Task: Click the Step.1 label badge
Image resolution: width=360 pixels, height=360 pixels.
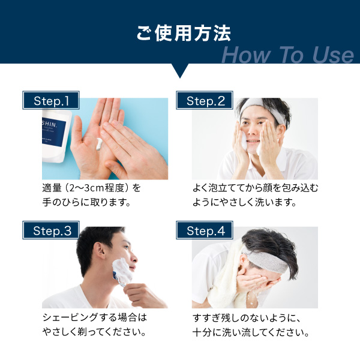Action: click(x=51, y=100)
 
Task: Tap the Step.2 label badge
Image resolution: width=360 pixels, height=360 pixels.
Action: click(x=205, y=100)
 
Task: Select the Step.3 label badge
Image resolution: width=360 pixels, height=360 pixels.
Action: click(x=51, y=230)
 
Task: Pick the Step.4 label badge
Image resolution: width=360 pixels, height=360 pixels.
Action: click(x=205, y=230)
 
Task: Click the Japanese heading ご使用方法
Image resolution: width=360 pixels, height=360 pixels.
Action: click(x=184, y=34)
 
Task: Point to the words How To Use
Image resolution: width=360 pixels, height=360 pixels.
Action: click(x=287, y=55)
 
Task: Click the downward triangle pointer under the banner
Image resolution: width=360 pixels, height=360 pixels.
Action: click(x=180, y=70)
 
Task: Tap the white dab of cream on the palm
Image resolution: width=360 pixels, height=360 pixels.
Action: click(x=100, y=144)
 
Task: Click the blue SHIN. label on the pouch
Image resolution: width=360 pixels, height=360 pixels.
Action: click(x=54, y=132)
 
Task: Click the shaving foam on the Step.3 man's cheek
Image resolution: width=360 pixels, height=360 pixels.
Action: click(x=122, y=271)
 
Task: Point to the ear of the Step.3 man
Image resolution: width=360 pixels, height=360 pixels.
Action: click(x=100, y=251)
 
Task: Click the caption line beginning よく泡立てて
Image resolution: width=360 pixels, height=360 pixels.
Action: click(x=255, y=188)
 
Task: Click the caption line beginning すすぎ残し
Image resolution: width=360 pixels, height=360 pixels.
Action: click(x=247, y=318)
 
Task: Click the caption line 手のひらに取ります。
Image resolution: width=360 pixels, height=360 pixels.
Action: click(x=86, y=202)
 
